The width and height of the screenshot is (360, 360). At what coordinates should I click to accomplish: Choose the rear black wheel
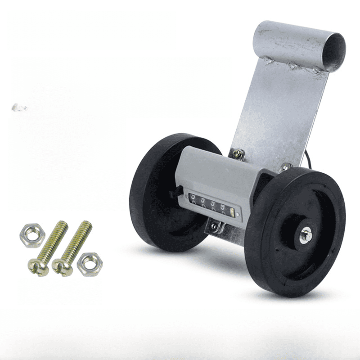coord(153,189)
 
